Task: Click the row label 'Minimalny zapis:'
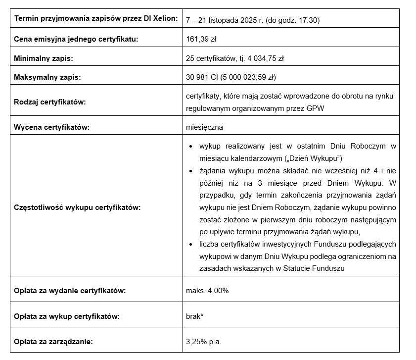point(44,58)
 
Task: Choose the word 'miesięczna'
point(204,127)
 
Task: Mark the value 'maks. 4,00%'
point(207,291)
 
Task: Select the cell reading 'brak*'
point(195,316)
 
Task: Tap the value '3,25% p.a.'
point(203,341)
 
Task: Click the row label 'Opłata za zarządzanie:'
point(53,341)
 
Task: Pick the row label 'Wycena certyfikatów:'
point(51,127)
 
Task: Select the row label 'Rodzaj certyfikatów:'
point(50,102)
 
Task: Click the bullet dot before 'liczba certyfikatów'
point(191,245)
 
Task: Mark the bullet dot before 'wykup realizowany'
point(191,147)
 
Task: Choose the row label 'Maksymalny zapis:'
point(47,77)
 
